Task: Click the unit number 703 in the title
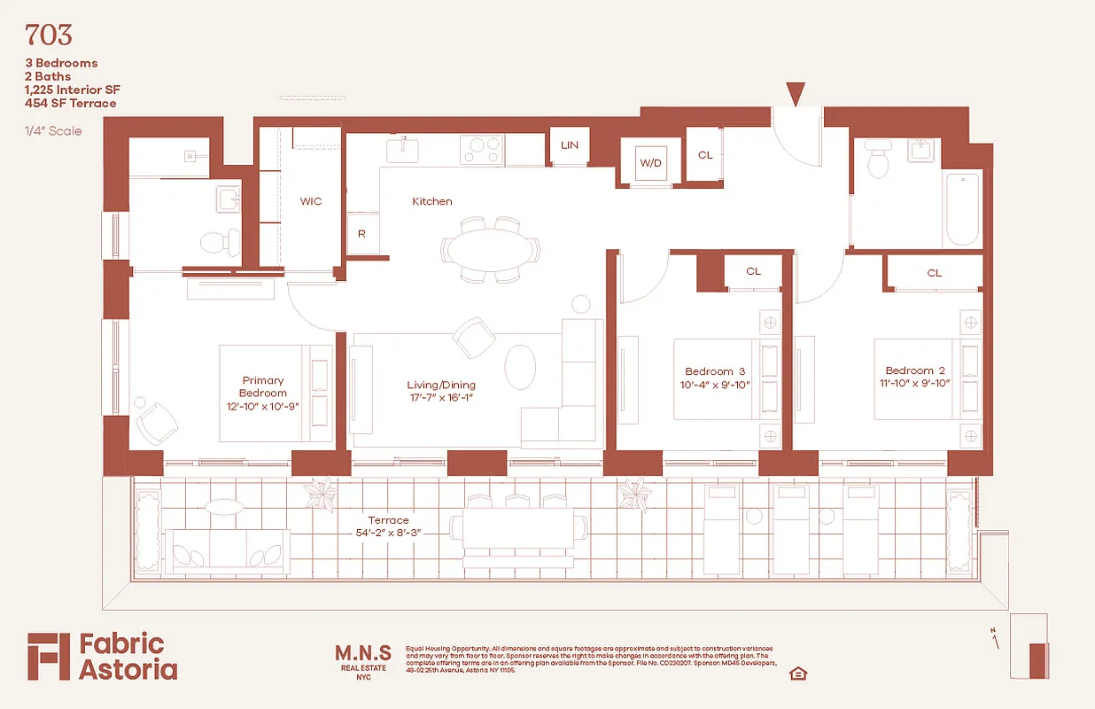(49, 35)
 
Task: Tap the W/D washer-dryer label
(651, 162)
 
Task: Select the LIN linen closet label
(570, 145)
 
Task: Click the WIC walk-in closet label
(311, 201)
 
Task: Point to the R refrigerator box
(361, 235)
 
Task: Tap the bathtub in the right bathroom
(963, 210)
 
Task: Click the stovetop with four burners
(482, 149)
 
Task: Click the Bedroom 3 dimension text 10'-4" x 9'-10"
(715, 384)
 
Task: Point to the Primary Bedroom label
(262, 387)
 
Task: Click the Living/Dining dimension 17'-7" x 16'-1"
(440, 398)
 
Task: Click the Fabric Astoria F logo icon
(47, 657)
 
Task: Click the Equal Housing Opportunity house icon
(797, 674)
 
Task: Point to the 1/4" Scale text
(53, 131)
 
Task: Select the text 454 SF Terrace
(71, 103)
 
